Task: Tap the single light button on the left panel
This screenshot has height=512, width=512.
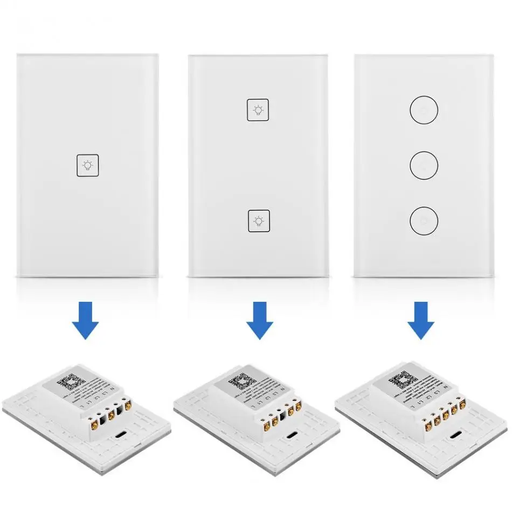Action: tap(87, 165)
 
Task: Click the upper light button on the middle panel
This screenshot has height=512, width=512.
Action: tap(258, 110)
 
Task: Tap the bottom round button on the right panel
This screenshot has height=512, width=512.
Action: tap(424, 220)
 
